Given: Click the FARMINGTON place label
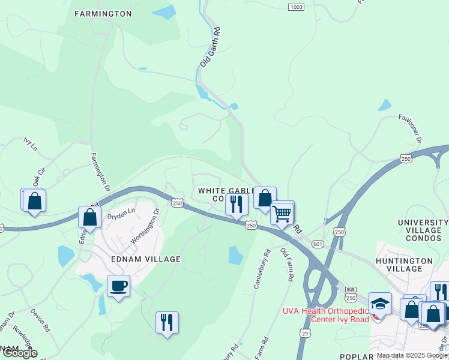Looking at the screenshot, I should pos(103,13).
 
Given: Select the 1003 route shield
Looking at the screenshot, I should pos(296,7).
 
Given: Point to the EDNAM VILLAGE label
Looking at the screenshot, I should pos(146,259).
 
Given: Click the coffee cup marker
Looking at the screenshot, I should pos(118,286).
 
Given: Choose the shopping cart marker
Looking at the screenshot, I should pos(282,213).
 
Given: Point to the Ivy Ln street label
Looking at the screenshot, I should pos(31,144).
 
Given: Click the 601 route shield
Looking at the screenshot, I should pos(318,244).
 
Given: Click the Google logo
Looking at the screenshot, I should pos(20,353).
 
